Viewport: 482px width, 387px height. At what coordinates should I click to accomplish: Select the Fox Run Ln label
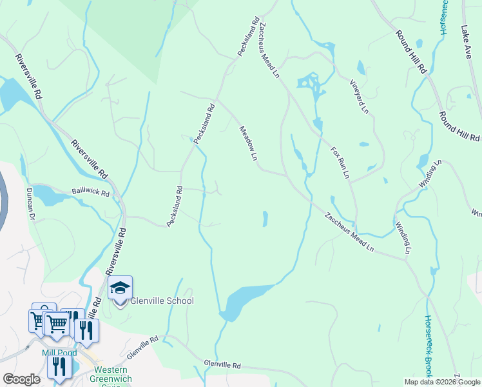340,162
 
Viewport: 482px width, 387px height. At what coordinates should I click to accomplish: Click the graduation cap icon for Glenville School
120,288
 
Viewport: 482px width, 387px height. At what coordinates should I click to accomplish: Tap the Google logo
21,379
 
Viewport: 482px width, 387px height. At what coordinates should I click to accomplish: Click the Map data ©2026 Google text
441,382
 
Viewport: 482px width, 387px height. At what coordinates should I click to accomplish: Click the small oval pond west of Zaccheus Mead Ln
265,219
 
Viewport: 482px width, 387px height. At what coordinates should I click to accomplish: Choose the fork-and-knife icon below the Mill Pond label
60,366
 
